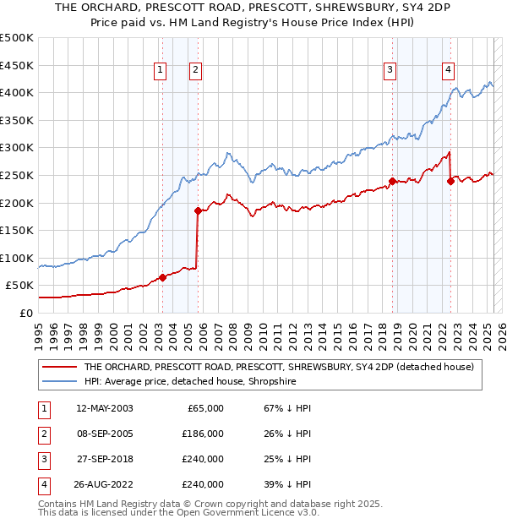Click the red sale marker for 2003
tap(162, 277)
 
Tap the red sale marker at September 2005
tap(198, 210)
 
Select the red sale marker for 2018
tap(393, 181)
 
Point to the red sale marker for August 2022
tap(450, 181)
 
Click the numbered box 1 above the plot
tap(160, 70)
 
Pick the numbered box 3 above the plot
tap(390, 70)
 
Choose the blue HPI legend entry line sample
tap(60, 381)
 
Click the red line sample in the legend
tap(60, 367)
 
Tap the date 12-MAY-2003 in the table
tap(104, 408)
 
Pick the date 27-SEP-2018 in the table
tap(104, 459)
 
